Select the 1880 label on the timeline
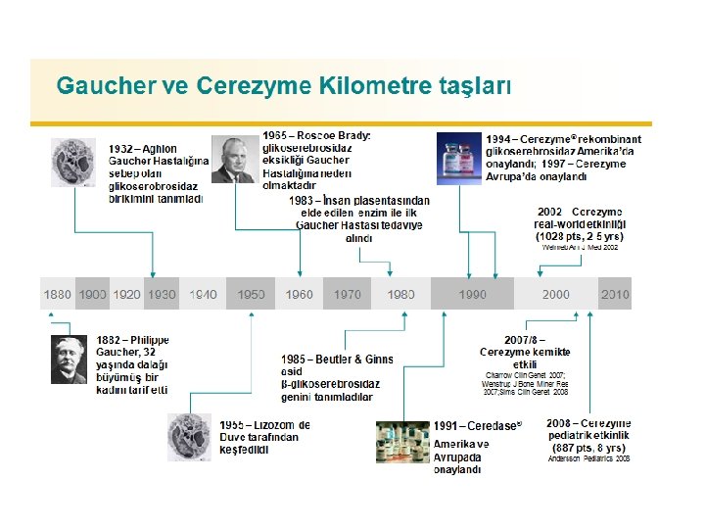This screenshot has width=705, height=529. (57, 294)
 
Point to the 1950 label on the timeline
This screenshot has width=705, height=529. (251, 294)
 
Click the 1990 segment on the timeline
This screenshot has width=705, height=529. (473, 294)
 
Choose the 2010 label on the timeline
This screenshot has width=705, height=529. (615, 294)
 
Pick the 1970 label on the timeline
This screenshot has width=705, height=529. (348, 294)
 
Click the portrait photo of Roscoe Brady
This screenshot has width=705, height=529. (233, 159)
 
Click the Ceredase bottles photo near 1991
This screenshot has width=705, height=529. (402, 442)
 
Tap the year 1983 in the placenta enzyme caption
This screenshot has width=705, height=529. (303, 200)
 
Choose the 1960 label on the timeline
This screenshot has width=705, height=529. (300, 294)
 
